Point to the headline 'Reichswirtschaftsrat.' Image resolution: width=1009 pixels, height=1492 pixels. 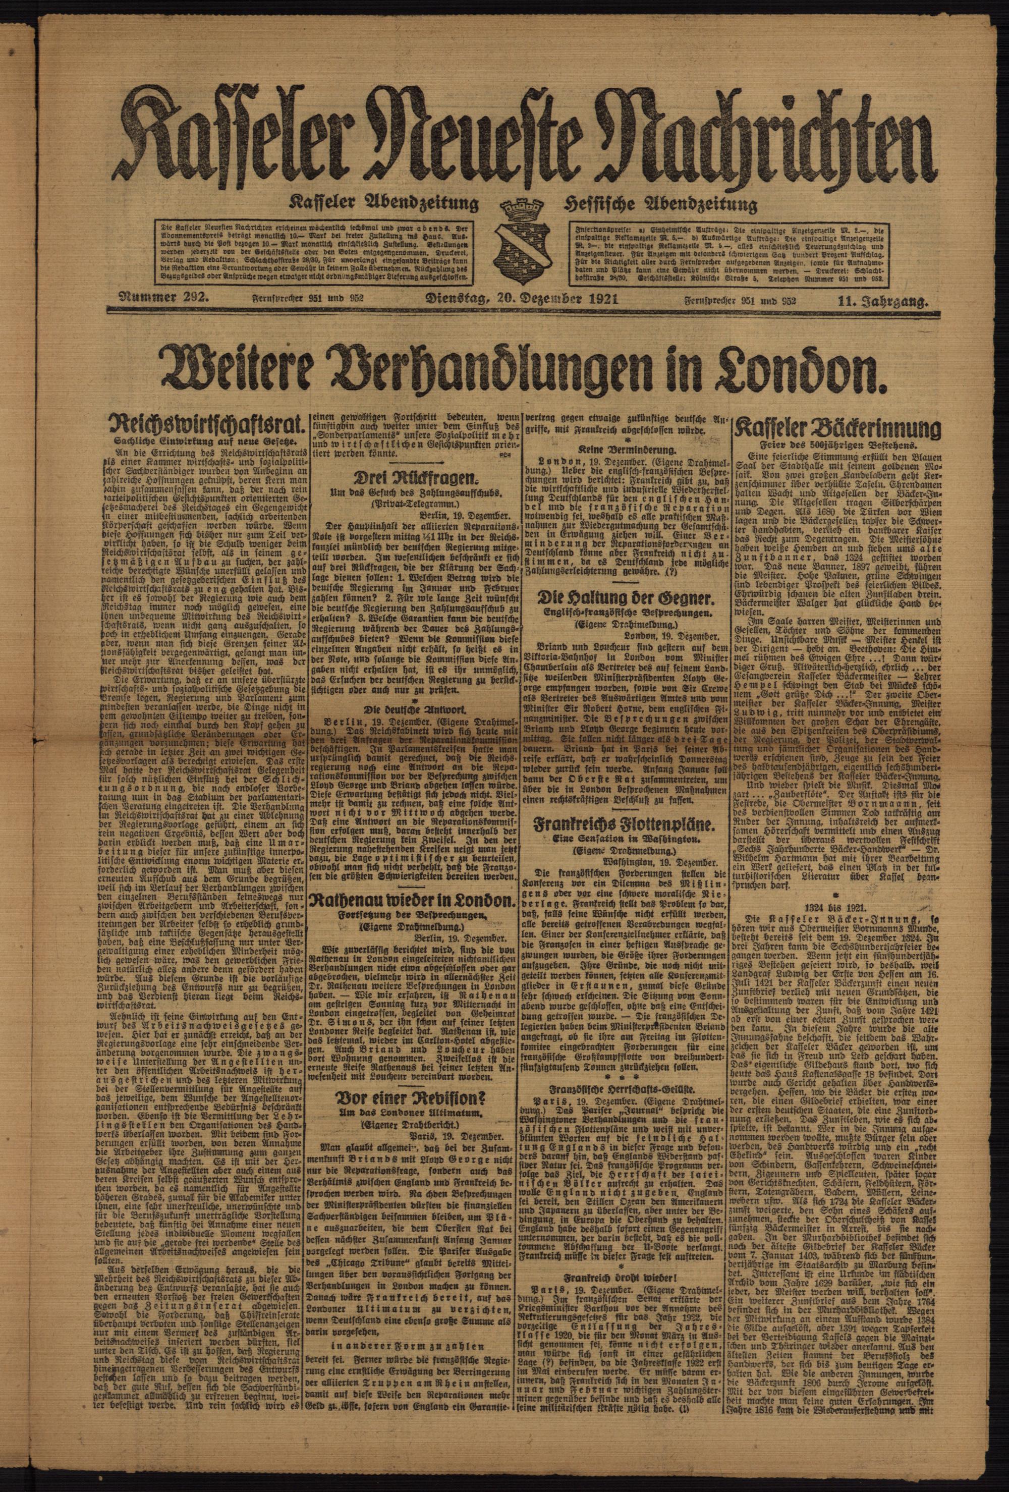(x=207, y=426)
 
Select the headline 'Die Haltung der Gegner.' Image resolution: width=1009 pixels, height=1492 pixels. (x=626, y=599)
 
